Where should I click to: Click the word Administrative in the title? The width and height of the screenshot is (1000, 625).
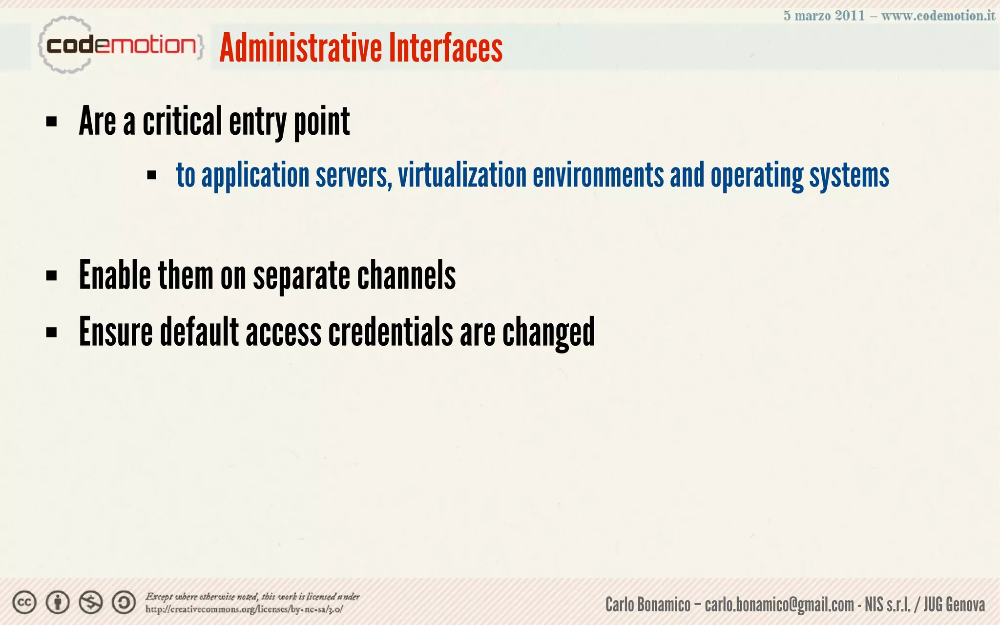click(x=300, y=48)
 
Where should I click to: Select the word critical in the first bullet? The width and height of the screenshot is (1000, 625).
click(x=183, y=122)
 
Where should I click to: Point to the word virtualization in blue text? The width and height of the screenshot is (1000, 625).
click(x=462, y=175)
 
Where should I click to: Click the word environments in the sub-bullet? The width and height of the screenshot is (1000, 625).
click(x=598, y=175)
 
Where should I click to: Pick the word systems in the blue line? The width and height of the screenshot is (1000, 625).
click(x=849, y=175)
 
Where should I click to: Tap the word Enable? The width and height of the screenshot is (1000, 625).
click(x=115, y=275)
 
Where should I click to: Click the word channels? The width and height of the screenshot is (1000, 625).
click(x=406, y=275)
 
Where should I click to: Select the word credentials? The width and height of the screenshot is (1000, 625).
click(x=391, y=332)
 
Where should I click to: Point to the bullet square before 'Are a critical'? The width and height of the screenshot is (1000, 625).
click(x=51, y=122)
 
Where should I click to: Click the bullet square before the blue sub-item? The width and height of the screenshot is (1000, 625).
click(x=151, y=175)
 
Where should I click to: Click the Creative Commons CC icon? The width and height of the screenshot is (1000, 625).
click(x=24, y=603)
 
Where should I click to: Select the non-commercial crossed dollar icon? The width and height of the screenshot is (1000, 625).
click(x=91, y=603)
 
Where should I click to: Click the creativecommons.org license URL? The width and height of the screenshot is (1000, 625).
click(x=244, y=609)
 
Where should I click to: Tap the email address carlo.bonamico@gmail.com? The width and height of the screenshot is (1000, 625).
click(x=779, y=604)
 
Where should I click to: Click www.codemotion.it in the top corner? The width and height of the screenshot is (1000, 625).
click(x=938, y=16)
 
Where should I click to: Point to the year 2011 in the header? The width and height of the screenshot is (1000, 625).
click(x=850, y=16)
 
